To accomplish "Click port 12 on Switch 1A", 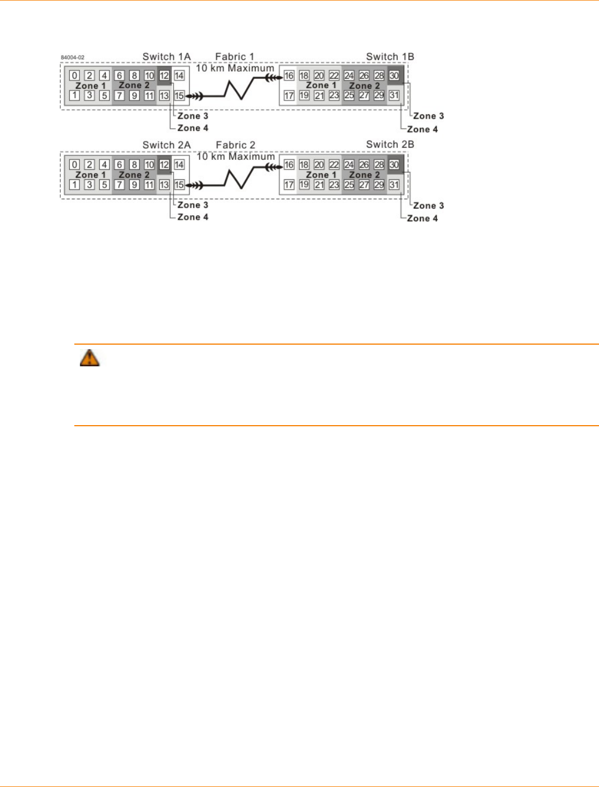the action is [x=164, y=75].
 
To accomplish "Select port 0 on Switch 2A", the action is [x=74, y=164].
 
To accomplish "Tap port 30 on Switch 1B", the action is [x=394, y=75].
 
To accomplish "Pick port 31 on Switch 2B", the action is [x=394, y=185].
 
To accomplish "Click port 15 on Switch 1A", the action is [x=179, y=95].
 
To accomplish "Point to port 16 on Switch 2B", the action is [x=289, y=164].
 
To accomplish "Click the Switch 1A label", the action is [x=166, y=57].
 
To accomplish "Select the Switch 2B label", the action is [x=390, y=144].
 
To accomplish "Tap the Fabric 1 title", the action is [x=235, y=57].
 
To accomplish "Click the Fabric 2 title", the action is [x=236, y=145].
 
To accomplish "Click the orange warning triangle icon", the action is [x=89, y=358].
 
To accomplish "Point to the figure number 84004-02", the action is [x=73, y=57].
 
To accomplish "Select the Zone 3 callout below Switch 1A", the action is [x=192, y=116].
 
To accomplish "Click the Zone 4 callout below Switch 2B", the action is [x=422, y=218].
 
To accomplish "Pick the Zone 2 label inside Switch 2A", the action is [x=134, y=175].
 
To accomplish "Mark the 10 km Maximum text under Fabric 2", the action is [x=236, y=157].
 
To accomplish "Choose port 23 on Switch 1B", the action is [x=334, y=95].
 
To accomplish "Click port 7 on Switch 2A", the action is [x=119, y=185].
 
